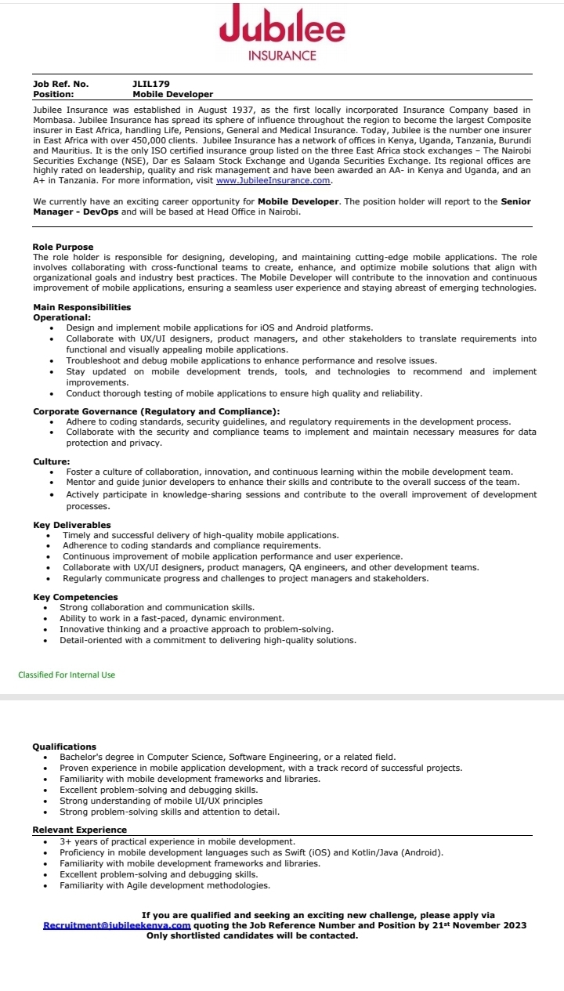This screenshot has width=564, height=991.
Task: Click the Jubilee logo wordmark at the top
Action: [x=282, y=27]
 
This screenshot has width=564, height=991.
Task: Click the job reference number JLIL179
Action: [x=151, y=83]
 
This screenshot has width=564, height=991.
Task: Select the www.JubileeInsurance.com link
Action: [x=273, y=180]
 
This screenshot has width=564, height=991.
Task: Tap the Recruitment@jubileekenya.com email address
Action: [x=117, y=925]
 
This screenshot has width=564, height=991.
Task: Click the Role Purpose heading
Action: [x=63, y=248]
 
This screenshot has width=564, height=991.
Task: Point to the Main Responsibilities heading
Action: [x=81, y=307]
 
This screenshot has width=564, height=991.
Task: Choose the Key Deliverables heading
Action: [x=71, y=525]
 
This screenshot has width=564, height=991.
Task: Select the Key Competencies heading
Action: [x=75, y=597]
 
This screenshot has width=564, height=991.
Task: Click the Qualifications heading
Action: [x=64, y=747]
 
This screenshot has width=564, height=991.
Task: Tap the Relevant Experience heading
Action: [x=79, y=830]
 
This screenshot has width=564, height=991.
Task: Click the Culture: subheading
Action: [x=51, y=461]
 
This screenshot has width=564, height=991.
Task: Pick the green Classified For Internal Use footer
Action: [x=67, y=675]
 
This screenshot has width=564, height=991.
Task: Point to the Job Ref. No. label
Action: [x=60, y=83]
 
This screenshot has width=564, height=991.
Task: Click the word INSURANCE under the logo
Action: [x=282, y=56]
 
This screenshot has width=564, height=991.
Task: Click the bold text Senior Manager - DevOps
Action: [x=282, y=207]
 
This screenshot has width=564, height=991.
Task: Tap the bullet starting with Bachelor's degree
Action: [x=227, y=758]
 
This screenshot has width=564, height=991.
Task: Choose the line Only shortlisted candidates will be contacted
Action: [x=252, y=935]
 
